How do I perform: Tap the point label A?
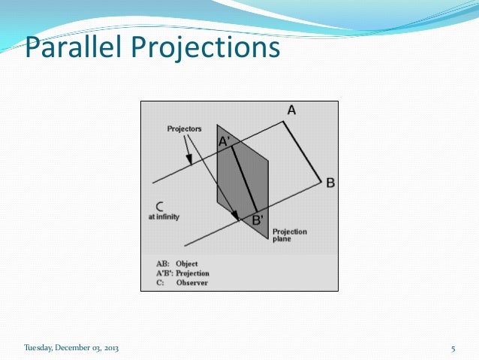[x=291, y=110]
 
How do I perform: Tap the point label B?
[x=330, y=183]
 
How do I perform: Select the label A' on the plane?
[x=224, y=141]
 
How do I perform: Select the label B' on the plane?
[x=258, y=220]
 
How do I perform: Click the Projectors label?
[x=185, y=129]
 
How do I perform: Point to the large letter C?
[x=160, y=205]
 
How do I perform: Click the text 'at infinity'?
[x=162, y=216]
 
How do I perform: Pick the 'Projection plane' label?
[x=289, y=235]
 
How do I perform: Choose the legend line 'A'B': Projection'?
[x=182, y=274]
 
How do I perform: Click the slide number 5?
[x=453, y=347]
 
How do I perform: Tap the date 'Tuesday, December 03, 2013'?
[x=71, y=347]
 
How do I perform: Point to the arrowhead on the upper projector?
[x=190, y=159]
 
